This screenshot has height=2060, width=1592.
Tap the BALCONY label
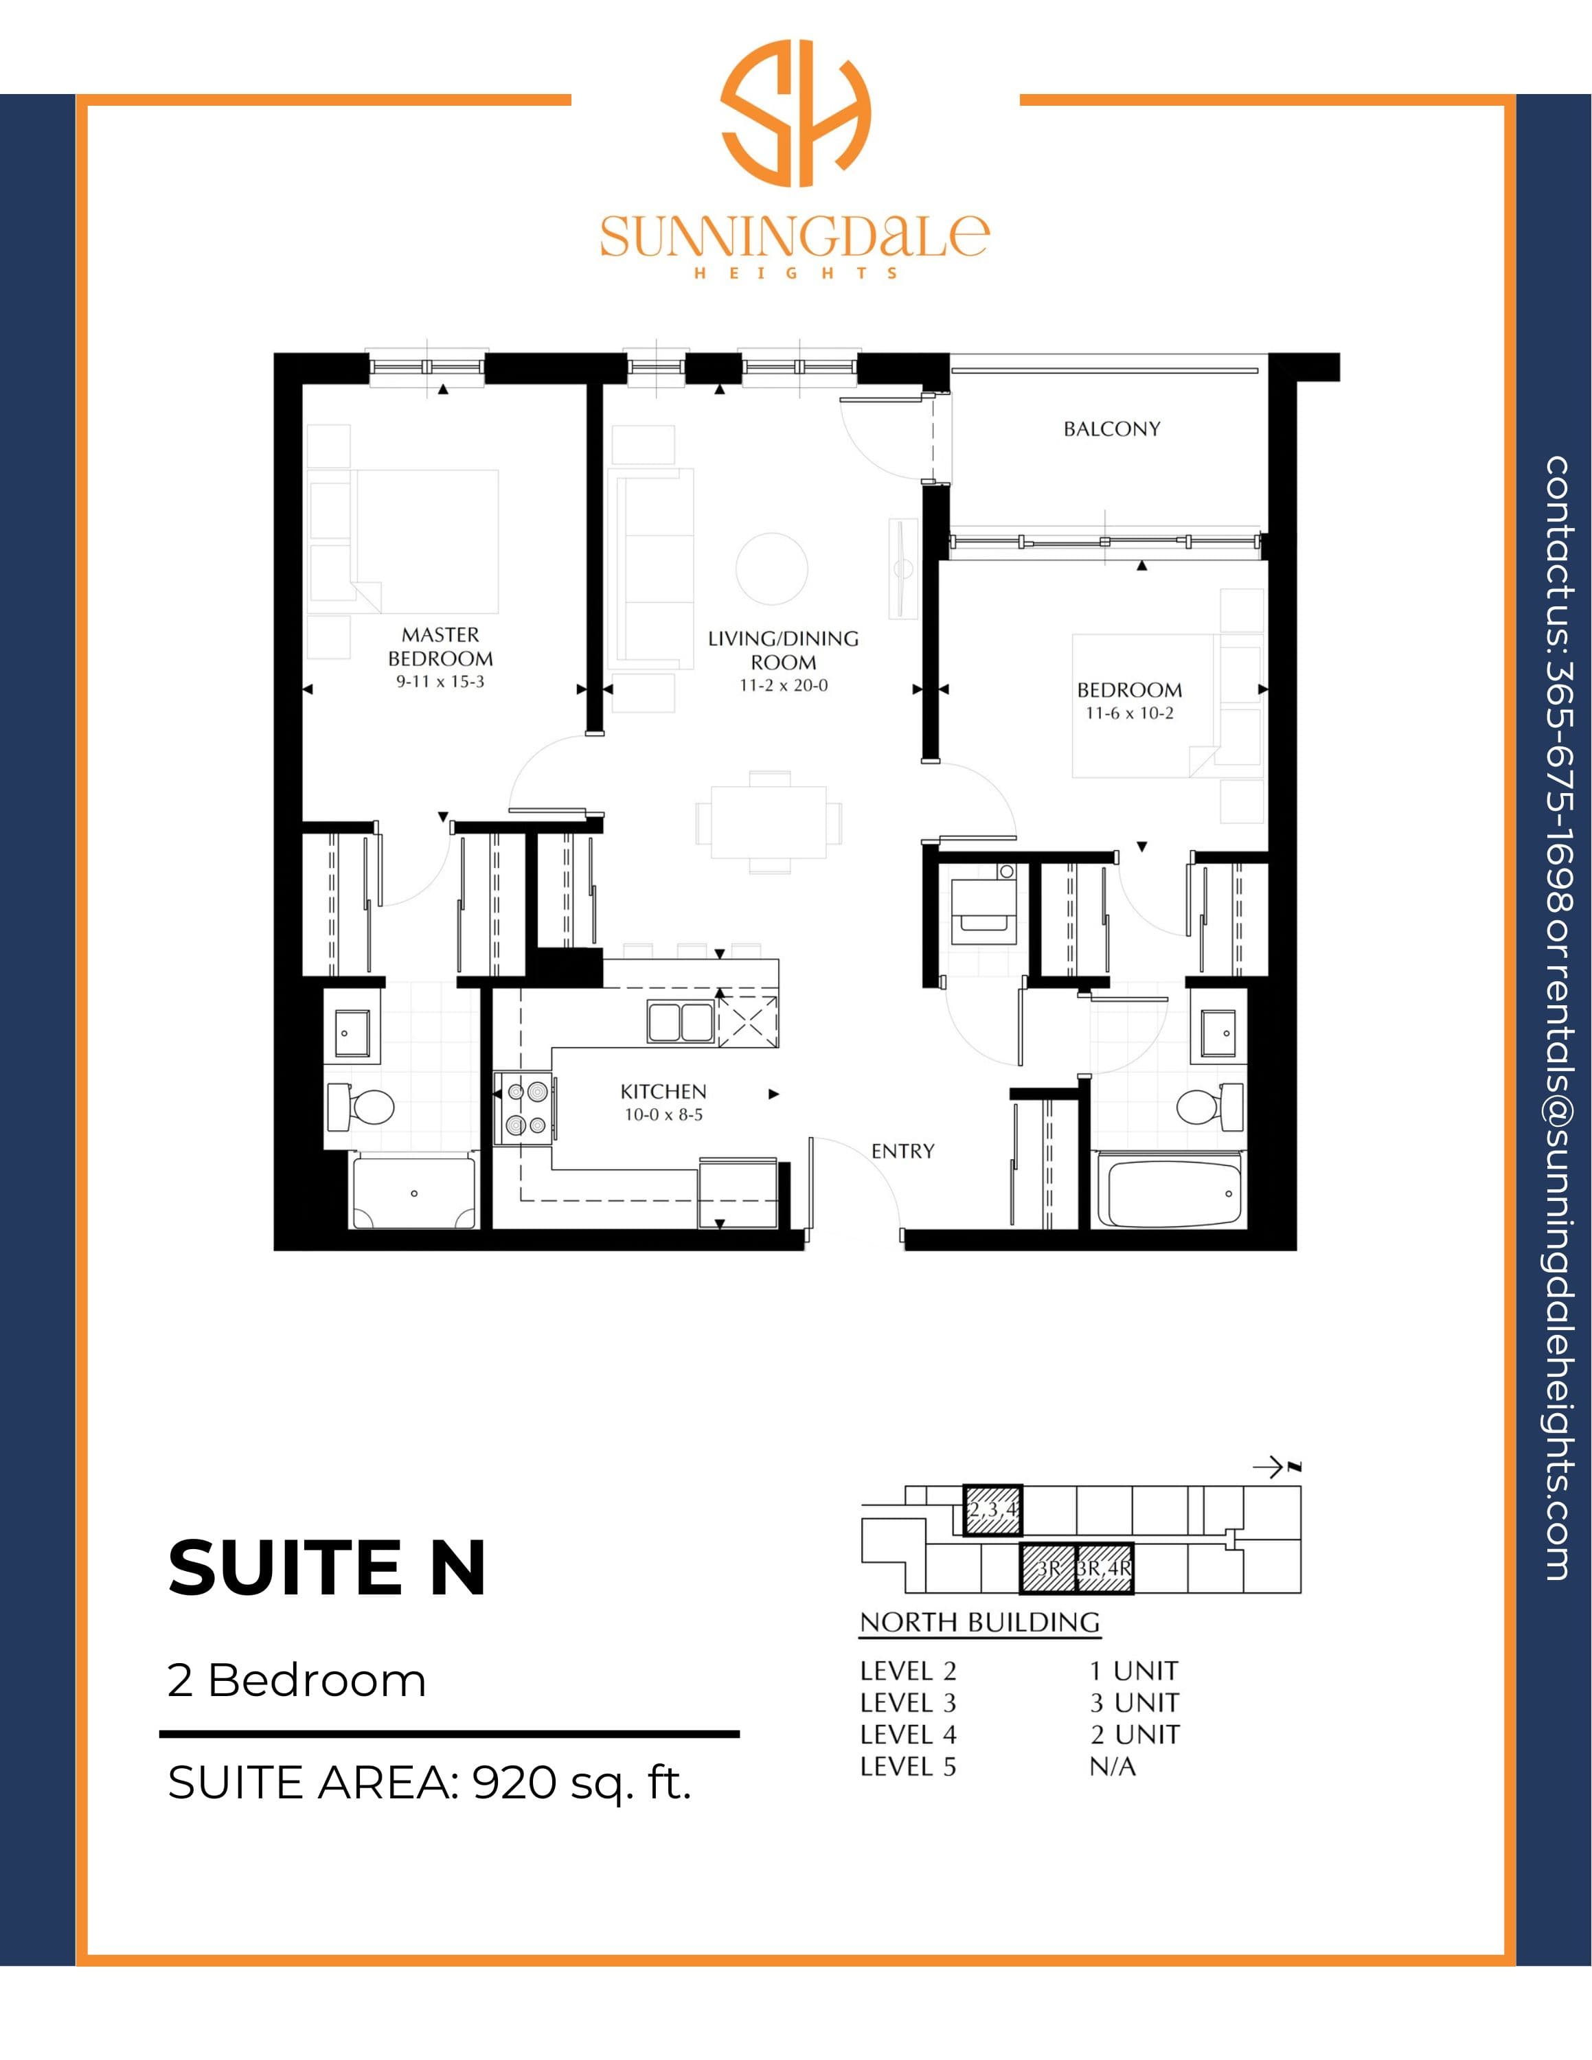1112,429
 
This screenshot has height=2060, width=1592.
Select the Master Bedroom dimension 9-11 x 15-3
440,681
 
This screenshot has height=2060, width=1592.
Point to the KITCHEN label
663,1091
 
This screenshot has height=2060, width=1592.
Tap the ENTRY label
902,1151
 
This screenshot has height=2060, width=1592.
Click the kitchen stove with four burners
525,1108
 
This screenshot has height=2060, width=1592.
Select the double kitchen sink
681,1022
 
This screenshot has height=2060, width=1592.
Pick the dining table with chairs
769,821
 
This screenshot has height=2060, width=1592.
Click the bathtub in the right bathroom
1173,1192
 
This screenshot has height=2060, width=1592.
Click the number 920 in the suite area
514,1782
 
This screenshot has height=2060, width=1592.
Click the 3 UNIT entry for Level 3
1135,1702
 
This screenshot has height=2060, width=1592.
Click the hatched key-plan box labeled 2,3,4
992,1510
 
